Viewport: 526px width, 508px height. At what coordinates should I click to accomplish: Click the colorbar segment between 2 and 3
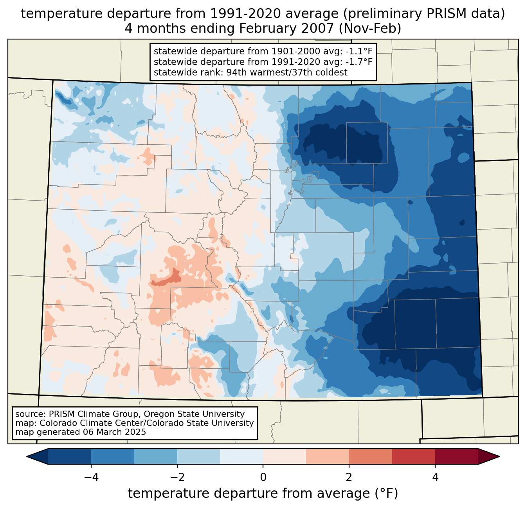click(x=370, y=456)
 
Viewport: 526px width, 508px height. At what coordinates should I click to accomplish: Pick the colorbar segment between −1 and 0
click(x=241, y=456)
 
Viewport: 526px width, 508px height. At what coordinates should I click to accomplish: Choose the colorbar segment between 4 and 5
click(x=456, y=456)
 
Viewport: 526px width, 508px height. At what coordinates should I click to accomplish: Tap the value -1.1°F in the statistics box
click(x=359, y=51)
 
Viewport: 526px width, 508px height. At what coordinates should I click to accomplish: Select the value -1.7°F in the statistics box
click(x=359, y=62)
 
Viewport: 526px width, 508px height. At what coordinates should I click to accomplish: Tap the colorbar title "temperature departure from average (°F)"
click(x=263, y=494)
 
